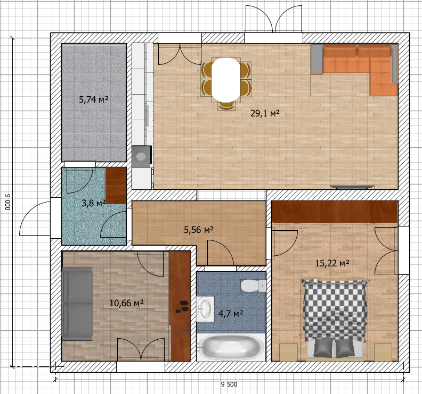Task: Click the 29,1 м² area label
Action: [265, 113]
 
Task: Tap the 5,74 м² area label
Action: [94, 99]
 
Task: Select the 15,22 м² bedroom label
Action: [332, 263]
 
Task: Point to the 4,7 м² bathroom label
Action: [230, 314]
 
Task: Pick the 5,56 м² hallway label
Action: [198, 230]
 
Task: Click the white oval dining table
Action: [226, 79]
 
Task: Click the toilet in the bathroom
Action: [253, 286]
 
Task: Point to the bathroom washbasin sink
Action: [205, 309]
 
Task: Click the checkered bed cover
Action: [335, 308]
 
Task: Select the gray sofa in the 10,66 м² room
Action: [78, 303]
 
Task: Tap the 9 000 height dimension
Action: [8, 202]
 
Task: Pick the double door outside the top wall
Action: [273, 20]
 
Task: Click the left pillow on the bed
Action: [322, 348]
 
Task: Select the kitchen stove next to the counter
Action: [141, 156]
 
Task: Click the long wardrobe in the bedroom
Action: [335, 212]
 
